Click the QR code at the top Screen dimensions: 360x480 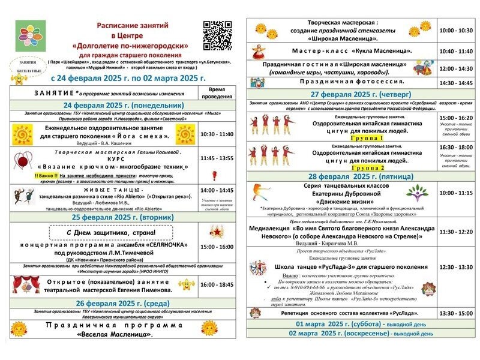pyautogui.click(x=217, y=35)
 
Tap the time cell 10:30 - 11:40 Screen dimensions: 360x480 pyautogui.click(x=217, y=135)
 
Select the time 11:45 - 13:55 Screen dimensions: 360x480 pyautogui.click(x=217, y=160)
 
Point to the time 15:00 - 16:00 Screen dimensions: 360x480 pyautogui.click(x=217, y=247)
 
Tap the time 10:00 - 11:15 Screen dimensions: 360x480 pyautogui.click(x=456, y=194)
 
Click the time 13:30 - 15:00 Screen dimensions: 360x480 pyautogui.click(x=456, y=313)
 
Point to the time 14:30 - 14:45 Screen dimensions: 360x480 pyautogui.click(x=456, y=83)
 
